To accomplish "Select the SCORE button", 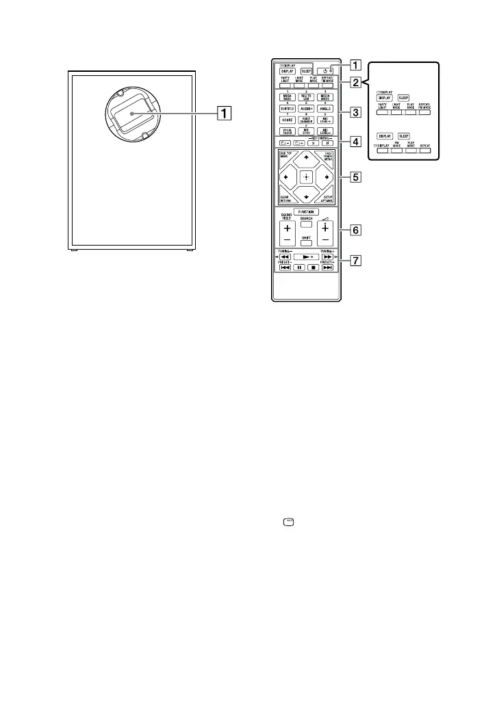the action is click(x=287, y=119).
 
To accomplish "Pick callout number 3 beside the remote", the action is click(x=355, y=111).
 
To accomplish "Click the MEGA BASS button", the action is click(x=287, y=96).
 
